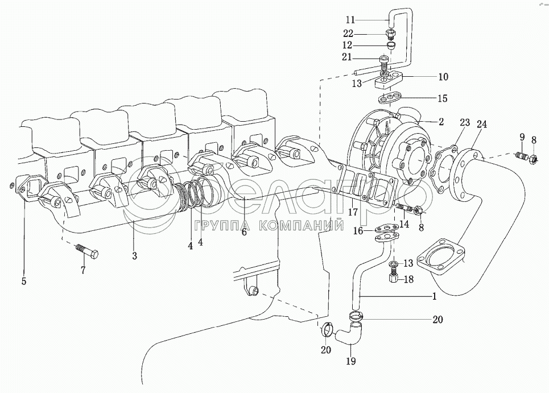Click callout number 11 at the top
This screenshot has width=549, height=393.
[x=351, y=20]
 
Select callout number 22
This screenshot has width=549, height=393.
[x=348, y=34]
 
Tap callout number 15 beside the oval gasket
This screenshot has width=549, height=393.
[x=443, y=98]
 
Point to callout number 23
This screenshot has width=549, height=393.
[x=465, y=123]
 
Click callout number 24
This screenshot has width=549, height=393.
[x=481, y=124]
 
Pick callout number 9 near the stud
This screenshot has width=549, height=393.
[x=522, y=137]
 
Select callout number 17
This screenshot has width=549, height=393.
[x=353, y=212]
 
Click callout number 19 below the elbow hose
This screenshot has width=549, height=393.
[x=351, y=361]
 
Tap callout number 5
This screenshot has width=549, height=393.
[x=24, y=281]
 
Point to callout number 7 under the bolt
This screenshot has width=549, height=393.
[x=83, y=270]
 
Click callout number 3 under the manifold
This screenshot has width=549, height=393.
[x=134, y=256]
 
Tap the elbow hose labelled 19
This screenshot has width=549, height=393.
[x=349, y=333]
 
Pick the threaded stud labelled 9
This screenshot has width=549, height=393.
[x=522, y=156]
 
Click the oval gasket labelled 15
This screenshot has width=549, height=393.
[x=389, y=98]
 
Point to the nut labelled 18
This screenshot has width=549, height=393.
[x=393, y=279]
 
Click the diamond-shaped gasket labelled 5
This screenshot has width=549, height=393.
[x=24, y=188]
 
